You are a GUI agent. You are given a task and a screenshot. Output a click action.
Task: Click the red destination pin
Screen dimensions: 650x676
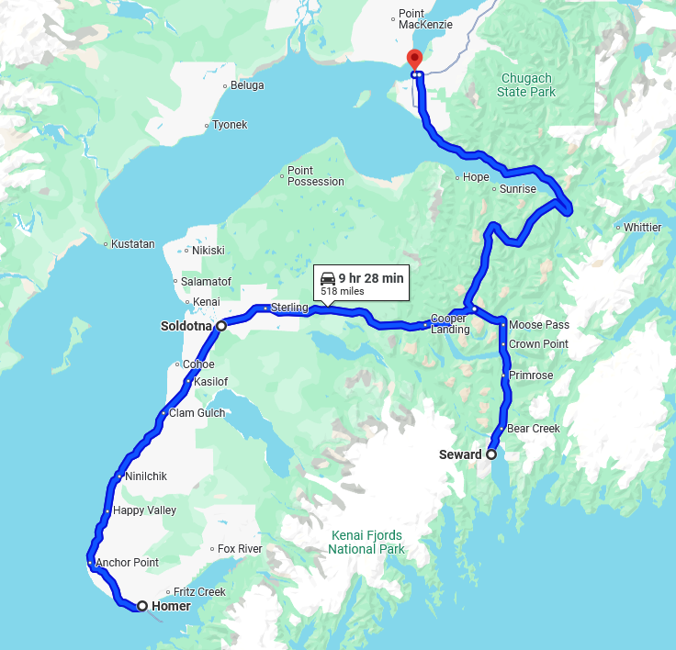414,59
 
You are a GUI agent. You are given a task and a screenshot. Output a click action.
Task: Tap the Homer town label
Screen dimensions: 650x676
171,606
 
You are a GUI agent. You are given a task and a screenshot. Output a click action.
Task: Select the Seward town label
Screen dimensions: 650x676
460,454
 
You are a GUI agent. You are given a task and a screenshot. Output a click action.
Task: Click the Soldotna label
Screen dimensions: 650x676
186,325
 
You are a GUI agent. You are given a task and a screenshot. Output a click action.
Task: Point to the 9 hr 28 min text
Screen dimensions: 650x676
371,278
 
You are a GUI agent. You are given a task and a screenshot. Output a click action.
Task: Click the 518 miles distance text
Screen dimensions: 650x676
343,291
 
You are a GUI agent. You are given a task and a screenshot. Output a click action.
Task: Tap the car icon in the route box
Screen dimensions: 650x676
328,278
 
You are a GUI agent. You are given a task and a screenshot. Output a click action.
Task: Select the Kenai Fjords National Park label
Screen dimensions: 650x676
366,543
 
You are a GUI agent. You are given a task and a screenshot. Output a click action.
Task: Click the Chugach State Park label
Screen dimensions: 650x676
526,85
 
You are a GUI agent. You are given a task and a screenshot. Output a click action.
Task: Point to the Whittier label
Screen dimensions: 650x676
642,227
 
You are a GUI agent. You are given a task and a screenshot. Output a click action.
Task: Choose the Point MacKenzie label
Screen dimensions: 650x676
425,19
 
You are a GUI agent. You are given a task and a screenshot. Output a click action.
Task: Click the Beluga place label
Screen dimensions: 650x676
246,85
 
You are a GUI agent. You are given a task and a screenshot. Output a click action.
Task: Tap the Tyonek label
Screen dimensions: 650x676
230,125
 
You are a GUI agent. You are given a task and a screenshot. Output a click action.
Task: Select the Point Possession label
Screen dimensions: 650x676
315,176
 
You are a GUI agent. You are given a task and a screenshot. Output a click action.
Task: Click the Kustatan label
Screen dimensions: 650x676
133,244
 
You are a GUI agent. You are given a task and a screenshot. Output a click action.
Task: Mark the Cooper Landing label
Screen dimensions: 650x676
450,324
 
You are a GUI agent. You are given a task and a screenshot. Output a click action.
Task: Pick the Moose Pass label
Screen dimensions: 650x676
539,325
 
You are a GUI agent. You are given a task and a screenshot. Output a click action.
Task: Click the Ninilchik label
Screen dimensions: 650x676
145,476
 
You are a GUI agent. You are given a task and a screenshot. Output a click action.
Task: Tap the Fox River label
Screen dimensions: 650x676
240,549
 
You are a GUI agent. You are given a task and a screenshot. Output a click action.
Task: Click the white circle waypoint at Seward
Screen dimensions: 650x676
491,454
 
